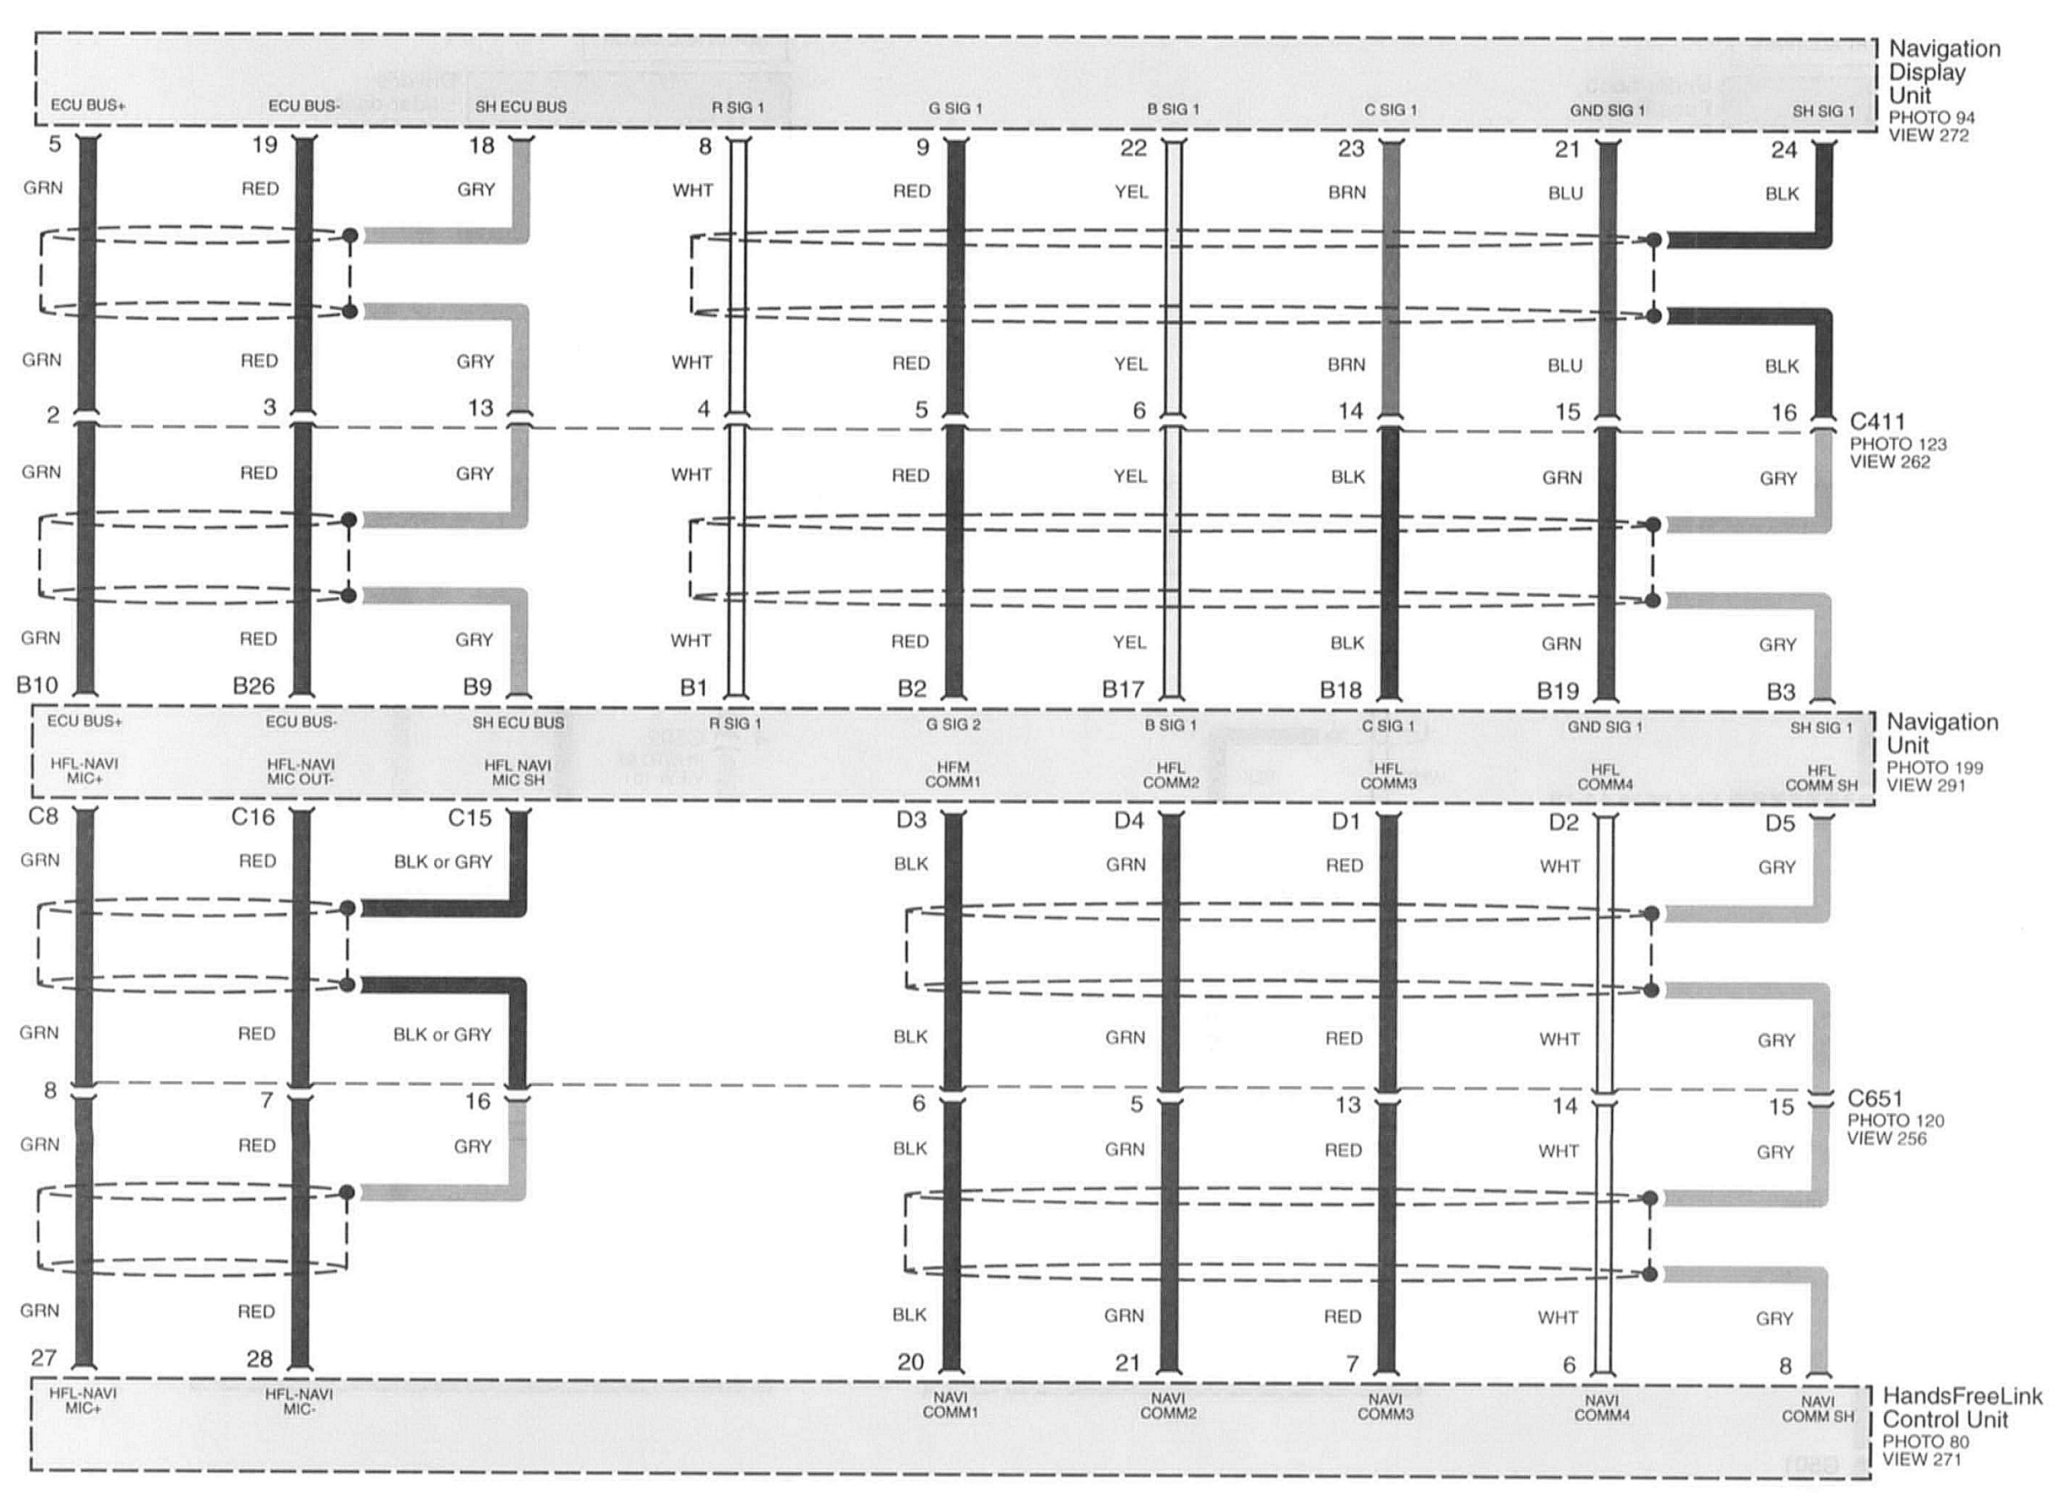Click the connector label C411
(1877, 421)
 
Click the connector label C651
(1875, 1098)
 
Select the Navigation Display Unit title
(1944, 73)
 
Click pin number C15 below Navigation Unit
(469, 818)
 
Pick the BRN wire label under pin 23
(1347, 192)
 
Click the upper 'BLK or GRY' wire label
(442, 862)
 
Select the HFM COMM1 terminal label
(953, 775)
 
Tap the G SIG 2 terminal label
(953, 725)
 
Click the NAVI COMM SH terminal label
(1817, 1409)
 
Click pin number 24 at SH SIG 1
(1783, 150)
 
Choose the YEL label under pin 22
(1132, 192)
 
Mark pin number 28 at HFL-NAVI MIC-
(259, 1359)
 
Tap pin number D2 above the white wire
(1564, 823)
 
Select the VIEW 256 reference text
(1886, 1139)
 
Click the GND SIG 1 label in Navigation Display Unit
(1608, 111)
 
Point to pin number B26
(253, 686)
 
